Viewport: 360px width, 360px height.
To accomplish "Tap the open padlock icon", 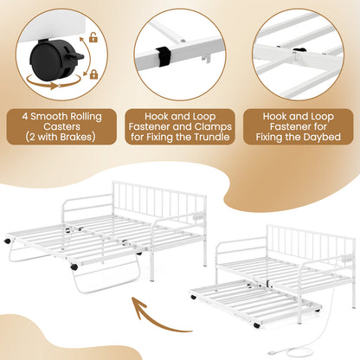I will coord(93,38).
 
